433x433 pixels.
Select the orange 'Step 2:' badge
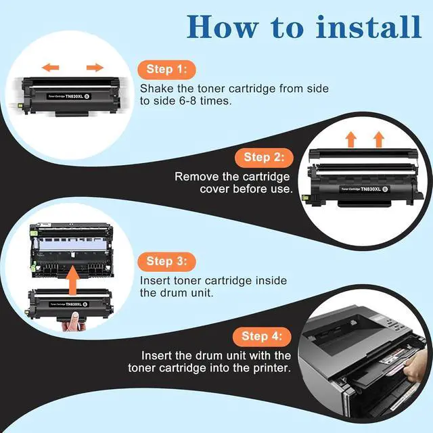coord(264,157)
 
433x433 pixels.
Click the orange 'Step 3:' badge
coord(166,261)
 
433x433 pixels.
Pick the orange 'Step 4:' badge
coord(263,336)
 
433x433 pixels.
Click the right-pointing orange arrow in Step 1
coord(95,67)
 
